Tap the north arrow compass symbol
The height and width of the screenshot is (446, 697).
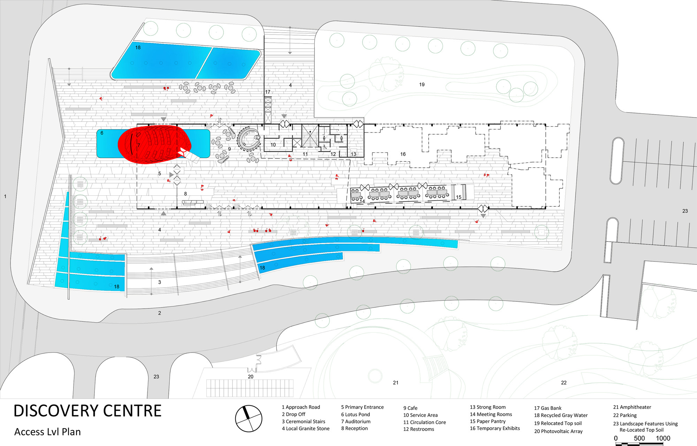pos(248,418)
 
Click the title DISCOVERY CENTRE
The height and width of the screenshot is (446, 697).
pos(87,411)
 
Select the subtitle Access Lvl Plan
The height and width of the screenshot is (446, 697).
pos(47,432)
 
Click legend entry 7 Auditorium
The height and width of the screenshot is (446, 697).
pos(355,421)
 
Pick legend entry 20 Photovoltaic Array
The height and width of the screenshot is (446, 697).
pos(558,431)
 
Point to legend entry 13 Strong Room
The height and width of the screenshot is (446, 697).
pos(488,407)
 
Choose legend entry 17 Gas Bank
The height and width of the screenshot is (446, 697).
pos(548,408)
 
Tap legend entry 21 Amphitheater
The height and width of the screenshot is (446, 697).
pos(632,407)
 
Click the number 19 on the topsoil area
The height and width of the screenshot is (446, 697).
pos(422,84)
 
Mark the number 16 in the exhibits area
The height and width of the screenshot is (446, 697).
pos(403,154)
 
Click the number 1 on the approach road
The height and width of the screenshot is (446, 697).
pos(5,196)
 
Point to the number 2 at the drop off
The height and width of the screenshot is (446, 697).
pos(160,313)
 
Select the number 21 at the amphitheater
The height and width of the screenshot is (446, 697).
pos(396,383)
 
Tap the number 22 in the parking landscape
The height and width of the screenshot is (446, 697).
pos(564,383)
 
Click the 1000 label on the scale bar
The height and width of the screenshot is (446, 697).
pos(663,438)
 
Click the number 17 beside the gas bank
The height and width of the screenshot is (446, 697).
pos(268,92)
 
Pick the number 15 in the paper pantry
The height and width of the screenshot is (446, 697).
pos(459,197)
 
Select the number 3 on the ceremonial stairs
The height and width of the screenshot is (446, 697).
pos(160,282)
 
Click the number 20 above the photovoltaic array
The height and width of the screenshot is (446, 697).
pos(251,377)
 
